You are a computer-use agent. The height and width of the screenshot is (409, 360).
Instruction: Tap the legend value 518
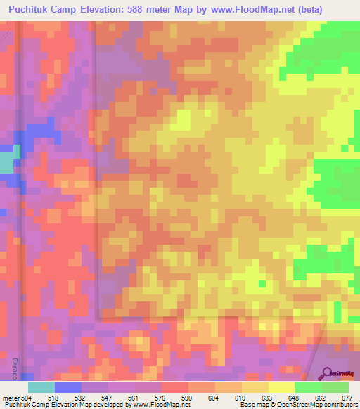(x=52, y=396)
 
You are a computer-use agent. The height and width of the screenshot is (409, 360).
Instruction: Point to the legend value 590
(x=186, y=396)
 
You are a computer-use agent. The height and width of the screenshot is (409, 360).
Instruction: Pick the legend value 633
(x=267, y=396)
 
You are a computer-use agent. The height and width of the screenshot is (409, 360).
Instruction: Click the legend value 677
(x=346, y=396)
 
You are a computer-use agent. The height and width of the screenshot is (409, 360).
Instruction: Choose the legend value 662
(x=320, y=396)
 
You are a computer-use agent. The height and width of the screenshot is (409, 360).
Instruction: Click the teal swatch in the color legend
(x=41, y=387)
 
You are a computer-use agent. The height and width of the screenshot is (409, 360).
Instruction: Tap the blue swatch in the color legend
(x=68, y=387)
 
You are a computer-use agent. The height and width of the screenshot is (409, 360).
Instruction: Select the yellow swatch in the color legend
(x=281, y=387)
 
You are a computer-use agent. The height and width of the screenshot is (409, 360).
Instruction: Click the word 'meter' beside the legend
(x=10, y=396)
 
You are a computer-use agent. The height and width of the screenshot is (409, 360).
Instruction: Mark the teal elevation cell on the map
(x=6, y=163)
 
